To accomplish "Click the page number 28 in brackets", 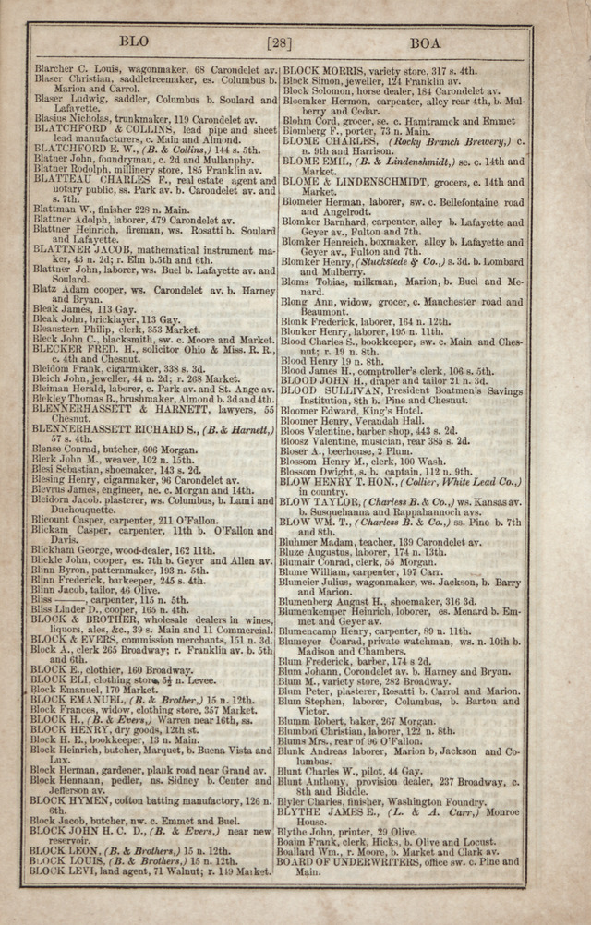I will (279, 42).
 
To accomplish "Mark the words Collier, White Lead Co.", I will (466, 482).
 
